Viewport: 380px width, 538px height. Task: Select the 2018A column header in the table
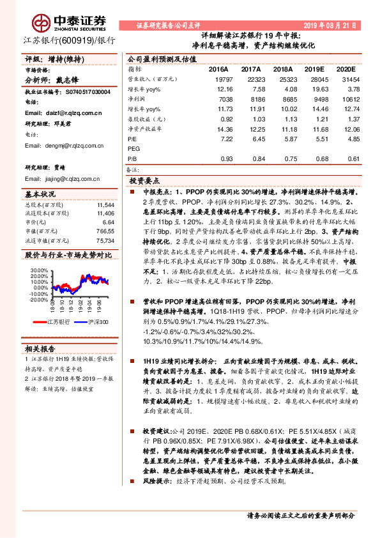click(282, 69)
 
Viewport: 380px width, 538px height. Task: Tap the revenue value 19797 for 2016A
click(218, 79)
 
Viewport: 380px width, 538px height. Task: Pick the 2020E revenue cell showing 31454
click(344, 79)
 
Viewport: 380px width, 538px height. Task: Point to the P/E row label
click(132, 138)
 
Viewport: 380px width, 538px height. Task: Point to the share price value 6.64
click(107, 222)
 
